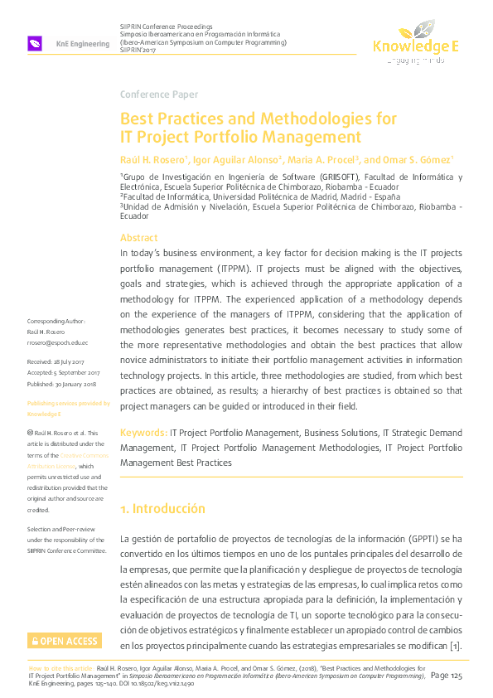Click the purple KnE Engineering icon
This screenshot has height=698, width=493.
(x=35, y=43)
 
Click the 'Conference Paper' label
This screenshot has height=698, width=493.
(x=159, y=95)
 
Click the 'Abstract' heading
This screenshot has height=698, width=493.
(x=138, y=238)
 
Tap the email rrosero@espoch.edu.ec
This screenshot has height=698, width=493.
(x=58, y=342)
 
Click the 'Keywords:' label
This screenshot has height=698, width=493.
(x=143, y=433)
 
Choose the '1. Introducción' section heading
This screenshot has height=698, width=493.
(x=163, y=508)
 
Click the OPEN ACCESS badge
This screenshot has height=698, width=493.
(x=64, y=641)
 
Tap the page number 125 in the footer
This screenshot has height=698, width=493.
(x=455, y=676)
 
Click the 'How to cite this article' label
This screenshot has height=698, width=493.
(x=60, y=667)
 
